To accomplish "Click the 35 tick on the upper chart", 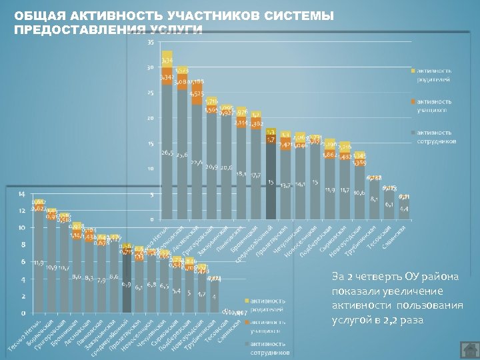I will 150,43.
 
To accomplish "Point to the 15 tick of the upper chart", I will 150,144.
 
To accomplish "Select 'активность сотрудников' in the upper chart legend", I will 436,137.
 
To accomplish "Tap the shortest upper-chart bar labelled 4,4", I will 404,210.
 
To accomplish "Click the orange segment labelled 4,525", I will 197,94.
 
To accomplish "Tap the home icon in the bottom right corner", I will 469,349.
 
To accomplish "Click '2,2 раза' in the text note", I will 404,321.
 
